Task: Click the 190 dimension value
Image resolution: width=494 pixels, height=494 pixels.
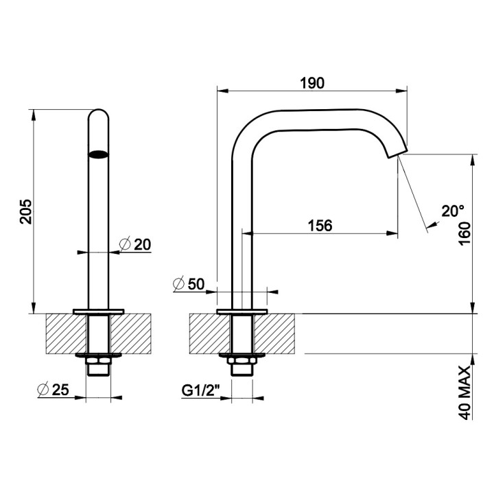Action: pos(311,82)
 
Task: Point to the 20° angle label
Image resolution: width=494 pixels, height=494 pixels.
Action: pos(454,211)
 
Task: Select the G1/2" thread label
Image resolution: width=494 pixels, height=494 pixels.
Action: pos(200,390)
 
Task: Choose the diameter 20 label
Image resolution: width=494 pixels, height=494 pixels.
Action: pos(135,244)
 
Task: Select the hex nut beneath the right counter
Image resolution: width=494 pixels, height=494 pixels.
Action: pos(242,361)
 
